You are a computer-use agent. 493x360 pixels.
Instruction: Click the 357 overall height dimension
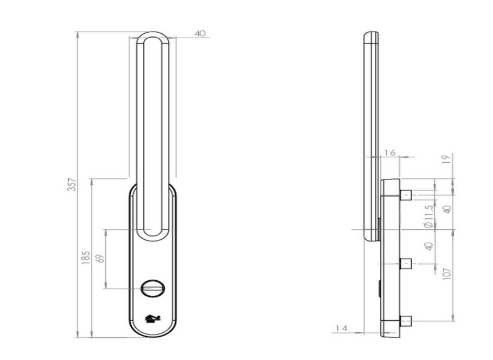click(71, 184)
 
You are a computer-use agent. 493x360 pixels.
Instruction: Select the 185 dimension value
click(86, 257)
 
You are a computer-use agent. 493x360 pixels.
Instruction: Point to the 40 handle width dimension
click(200, 33)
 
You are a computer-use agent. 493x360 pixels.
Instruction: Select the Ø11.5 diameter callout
click(428, 216)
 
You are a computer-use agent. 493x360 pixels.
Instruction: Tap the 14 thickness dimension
click(341, 328)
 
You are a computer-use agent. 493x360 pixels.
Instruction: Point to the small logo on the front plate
click(152, 318)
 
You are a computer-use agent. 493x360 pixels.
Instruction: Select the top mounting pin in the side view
click(405, 194)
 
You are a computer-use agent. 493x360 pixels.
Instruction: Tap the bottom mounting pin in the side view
click(405, 321)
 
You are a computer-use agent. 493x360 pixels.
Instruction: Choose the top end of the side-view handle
click(371, 35)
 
